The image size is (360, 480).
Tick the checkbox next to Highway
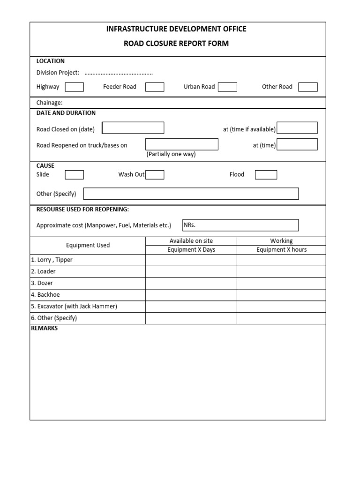[74, 87]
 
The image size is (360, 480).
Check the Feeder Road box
[155, 87]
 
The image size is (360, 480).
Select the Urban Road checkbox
[227, 87]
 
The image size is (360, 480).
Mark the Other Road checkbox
[308, 87]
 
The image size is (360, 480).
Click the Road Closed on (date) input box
[133, 128]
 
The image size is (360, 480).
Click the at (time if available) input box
[297, 128]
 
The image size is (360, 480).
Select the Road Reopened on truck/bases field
[182, 144]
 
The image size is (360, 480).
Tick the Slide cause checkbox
[74, 175]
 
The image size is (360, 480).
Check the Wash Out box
[155, 175]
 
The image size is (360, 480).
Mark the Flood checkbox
[266, 175]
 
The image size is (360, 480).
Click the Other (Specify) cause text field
[191, 194]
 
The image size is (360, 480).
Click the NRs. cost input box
[240, 225]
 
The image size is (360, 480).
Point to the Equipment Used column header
[88, 245]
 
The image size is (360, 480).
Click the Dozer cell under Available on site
[191, 283]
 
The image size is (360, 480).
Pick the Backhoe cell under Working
[281, 295]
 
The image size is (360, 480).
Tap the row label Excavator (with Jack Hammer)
[74, 307]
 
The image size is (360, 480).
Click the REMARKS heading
[45, 329]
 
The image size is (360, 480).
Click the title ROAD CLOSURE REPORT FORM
[176, 44]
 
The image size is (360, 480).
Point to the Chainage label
[49, 103]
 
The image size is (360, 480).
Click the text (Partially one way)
[171, 154]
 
